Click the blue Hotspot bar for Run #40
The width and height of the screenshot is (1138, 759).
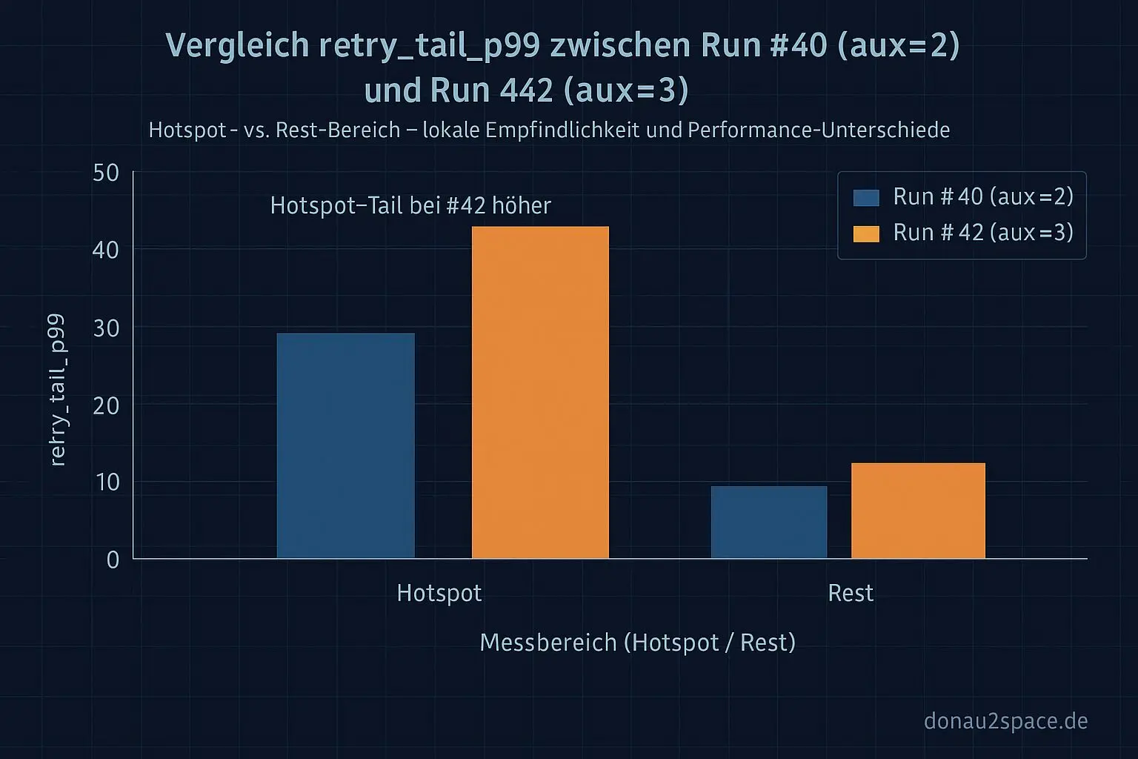click(345, 445)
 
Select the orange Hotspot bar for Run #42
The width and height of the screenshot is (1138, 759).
click(540, 392)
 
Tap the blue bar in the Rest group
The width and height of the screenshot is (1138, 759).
click(768, 522)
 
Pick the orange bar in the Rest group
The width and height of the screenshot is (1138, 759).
click(918, 511)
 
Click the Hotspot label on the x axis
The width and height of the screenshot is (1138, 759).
click(439, 593)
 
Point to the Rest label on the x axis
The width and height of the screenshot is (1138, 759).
click(851, 593)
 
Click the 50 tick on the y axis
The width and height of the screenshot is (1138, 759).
click(106, 173)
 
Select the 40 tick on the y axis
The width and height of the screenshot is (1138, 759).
click(106, 251)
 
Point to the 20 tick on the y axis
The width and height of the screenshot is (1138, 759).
click(106, 405)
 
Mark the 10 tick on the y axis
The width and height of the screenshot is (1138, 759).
click(106, 483)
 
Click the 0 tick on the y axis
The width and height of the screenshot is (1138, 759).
click(113, 560)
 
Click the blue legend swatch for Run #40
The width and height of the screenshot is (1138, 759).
click(866, 198)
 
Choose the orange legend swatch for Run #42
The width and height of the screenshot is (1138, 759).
click(866, 234)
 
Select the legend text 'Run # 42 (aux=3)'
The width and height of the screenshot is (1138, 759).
click(983, 233)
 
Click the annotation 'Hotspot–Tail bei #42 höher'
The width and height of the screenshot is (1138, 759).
click(410, 205)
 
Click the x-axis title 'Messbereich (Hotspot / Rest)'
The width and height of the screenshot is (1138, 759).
click(637, 642)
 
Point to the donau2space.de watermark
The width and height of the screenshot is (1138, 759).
click(1005, 720)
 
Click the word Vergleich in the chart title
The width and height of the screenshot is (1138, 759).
click(237, 46)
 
